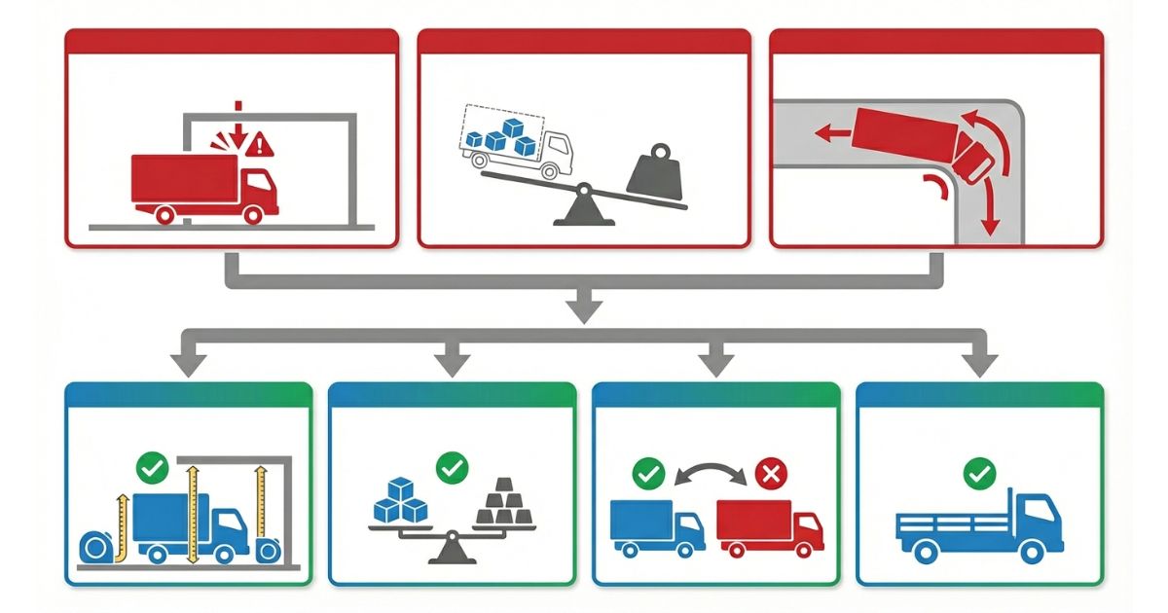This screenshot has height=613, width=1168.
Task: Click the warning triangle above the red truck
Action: [x=260, y=146]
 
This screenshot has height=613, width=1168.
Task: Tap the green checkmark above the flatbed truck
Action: [x=978, y=474]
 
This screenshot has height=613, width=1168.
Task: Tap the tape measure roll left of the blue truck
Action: [x=96, y=548]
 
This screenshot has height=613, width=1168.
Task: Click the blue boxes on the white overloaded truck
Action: [x=500, y=137]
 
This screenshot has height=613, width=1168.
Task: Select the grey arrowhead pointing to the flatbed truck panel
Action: [x=978, y=365]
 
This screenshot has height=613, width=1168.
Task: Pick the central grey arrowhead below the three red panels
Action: [x=584, y=310]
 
